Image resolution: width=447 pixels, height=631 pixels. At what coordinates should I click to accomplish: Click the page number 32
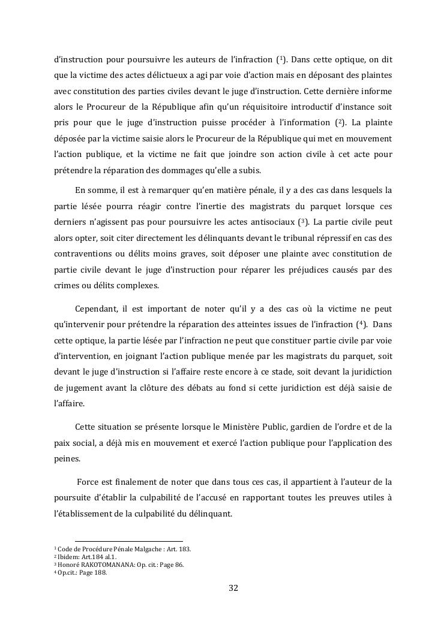click(x=233, y=588)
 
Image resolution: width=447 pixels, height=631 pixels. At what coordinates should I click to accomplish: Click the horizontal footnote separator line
click(x=129, y=541)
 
